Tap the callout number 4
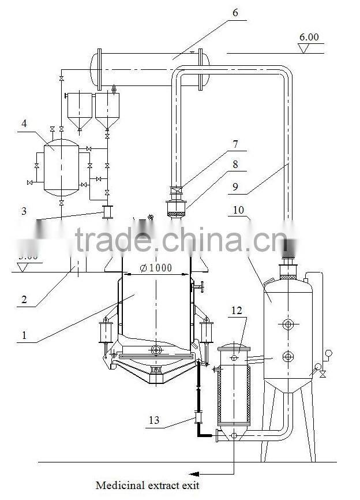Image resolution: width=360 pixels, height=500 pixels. coord(23,123)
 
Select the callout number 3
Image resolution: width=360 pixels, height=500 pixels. coord(24,211)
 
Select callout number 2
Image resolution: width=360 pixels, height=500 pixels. coord(24,299)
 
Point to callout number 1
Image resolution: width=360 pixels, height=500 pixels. coord(24,334)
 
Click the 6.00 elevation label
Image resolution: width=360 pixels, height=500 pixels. coord(309,38)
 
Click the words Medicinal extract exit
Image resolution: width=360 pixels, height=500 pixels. coord(148,486)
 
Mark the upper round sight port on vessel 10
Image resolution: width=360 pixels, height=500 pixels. coord(287,324)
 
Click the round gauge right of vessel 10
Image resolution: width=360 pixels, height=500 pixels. coord(329,353)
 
